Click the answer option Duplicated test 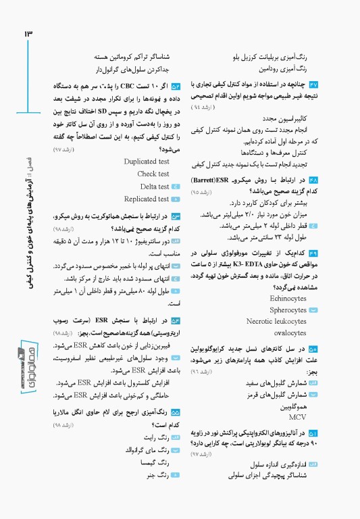coord(147,162)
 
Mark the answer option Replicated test coord(146,199)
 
